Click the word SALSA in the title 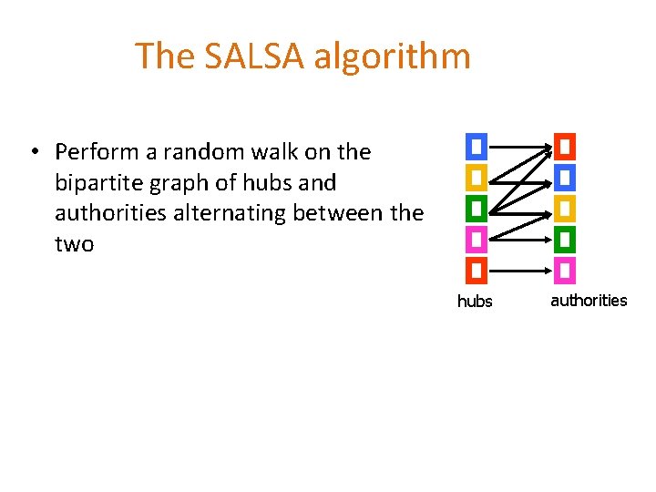tap(253, 56)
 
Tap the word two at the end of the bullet tap(74, 244)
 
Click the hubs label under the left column tap(474, 302)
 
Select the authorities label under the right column tap(589, 301)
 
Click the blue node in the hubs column tap(476, 146)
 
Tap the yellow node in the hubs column tap(476, 177)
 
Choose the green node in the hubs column tap(476, 208)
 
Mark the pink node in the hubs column tap(476, 239)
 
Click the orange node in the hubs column tap(476, 270)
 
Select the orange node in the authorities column tap(565, 146)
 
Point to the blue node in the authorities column tap(565, 177)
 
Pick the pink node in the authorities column tap(565, 270)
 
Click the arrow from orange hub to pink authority tap(519, 270)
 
